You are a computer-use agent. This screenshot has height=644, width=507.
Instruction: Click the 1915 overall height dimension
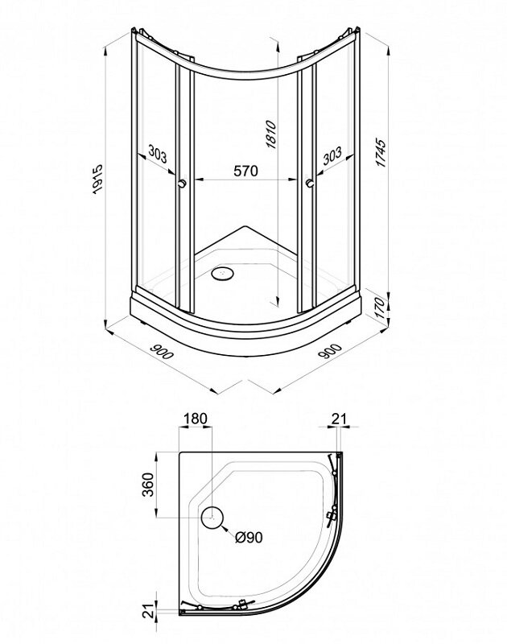click(97, 179)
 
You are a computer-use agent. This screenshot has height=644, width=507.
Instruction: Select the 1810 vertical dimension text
click(271, 134)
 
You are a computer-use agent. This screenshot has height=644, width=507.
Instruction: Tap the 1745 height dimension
click(381, 153)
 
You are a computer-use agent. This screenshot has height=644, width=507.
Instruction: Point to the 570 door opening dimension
click(246, 171)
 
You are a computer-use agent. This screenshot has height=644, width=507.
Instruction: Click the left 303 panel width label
click(158, 154)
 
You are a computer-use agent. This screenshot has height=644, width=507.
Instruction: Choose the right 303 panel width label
click(332, 156)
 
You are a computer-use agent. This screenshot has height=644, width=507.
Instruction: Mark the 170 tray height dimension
click(381, 308)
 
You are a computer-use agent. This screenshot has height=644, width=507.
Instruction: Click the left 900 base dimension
click(161, 351)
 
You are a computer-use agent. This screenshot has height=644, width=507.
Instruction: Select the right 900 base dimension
click(330, 351)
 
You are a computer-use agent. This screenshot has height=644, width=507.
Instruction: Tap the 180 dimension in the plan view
click(196, 419)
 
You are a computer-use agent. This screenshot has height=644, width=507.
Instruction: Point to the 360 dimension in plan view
click(148, 485)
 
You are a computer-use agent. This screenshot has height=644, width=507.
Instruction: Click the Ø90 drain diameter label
click(249, 537)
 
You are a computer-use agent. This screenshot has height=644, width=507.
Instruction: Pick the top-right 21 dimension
click(339, 419)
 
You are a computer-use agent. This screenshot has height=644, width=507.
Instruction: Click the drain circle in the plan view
click(212, 518)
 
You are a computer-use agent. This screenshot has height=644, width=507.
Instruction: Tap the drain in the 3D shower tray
click(222, 272)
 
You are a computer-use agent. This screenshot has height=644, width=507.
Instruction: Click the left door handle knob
click(182, 184)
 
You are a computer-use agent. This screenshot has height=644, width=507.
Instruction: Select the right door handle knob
click(310, 184)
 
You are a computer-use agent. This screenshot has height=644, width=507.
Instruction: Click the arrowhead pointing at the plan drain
click(225, 527)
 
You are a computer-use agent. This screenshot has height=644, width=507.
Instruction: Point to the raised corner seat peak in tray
click(245, 226)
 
